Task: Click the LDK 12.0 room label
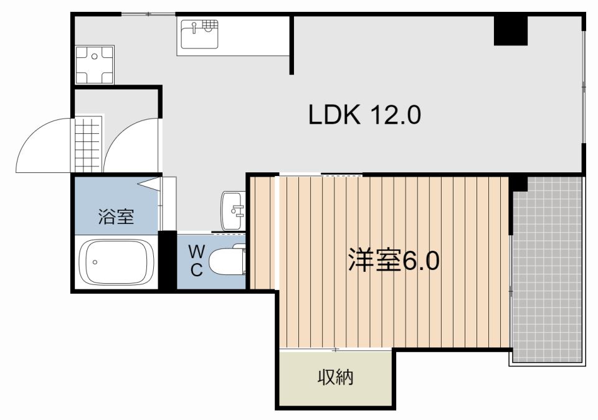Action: [366, 114]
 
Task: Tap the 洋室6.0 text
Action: [394, 261]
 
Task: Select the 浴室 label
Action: [116, 217]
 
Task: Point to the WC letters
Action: [196, 261]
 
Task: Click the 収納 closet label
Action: [336, 377]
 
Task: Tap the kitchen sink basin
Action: [199, 34]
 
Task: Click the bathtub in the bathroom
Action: [119, 261]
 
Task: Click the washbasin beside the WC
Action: [234, 210]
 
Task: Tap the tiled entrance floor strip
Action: [87, 144]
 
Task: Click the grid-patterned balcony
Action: [547, 268]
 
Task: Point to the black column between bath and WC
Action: [168, 259]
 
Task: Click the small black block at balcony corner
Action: [518, 184]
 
